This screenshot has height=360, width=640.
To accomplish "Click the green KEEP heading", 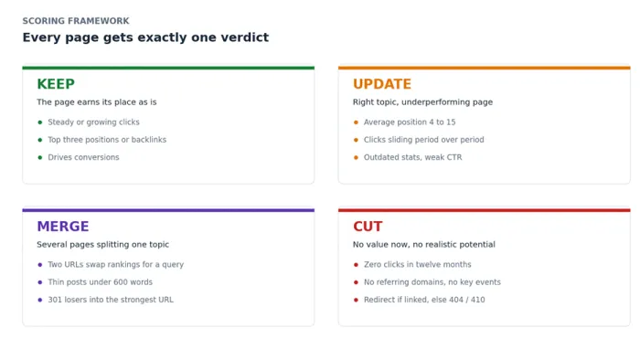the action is pyautogui.click(x=56, y=84).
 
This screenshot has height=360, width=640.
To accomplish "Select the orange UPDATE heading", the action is pyautogui.click(x=382, y=84).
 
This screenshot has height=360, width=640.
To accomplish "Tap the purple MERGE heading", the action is pyautogui.click(x=63, y=227).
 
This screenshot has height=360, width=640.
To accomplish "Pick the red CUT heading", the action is pyautogui.click(x=368, y=227).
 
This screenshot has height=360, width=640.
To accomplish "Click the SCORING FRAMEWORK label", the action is pyautogui.click(x=76, y=21).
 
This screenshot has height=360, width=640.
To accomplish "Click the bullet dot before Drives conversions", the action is pyautogui.click(x=40, y=157).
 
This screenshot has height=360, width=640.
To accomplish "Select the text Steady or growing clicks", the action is pyautogui.click(x=93, y=122).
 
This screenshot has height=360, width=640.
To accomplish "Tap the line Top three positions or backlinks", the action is pyautogui.click(x=107, y=140).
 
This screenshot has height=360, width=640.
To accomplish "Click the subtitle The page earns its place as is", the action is pyautogui.click(x=97, y=102).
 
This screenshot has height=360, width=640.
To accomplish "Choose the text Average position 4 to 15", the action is pyautogui.click(x=410, y=122).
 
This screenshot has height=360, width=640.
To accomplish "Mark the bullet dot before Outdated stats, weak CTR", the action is pyautogui.click(x=356, y=157).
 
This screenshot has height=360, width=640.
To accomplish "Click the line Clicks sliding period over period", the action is pyautogui.click(x=423, y=140).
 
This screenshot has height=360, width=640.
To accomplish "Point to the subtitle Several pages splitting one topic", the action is pyautogui.click(x=102, y=245).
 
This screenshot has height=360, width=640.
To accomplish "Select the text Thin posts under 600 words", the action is pyautogui.click(x=100, y=282).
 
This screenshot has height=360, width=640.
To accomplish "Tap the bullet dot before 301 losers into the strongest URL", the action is pyautogui.click(x=40, y=300).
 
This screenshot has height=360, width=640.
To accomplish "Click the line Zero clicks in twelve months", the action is pyautogui.click(x=417, y=265).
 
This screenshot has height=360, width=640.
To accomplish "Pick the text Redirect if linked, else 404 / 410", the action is pyautogui.click(x=424, y=300).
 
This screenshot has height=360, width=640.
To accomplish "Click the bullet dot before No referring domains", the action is pyautogui.click(x=356, y=282).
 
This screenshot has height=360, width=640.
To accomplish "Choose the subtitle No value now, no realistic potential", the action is pyautogui.click(x=423, y=245).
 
